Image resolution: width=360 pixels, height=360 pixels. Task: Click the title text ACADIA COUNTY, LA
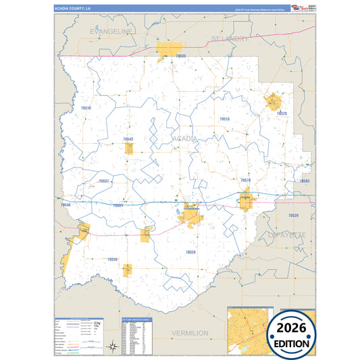point(72,7)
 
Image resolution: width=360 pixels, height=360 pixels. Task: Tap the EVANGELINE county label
point(111,31)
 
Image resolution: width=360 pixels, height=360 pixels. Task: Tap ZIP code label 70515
point(86,108)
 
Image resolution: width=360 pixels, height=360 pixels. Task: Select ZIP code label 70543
point(128,139)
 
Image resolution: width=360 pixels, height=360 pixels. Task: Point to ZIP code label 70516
point(225,119)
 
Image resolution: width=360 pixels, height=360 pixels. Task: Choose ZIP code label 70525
point(282,113)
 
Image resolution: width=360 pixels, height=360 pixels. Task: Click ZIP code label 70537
point(103,181)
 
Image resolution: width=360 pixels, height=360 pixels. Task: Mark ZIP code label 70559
point(112,259)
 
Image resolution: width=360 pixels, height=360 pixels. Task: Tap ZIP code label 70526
point(190,252)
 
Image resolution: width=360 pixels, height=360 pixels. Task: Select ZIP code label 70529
point(293,215)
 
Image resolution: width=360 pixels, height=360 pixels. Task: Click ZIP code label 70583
point(304,181)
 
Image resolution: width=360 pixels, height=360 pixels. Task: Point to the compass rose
point(111,347)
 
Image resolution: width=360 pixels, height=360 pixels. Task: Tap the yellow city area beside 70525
point(273,102)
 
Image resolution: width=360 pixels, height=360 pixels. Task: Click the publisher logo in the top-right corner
point(298,7)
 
